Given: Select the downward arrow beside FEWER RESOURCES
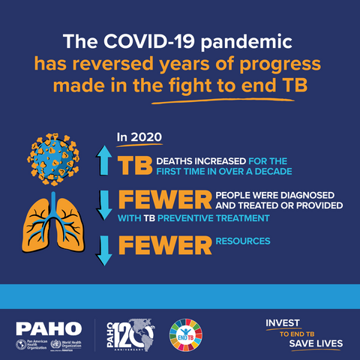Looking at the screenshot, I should tap(104, 250).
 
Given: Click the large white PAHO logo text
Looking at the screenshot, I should tap(48, 328).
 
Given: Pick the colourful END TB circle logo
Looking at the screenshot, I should tap(187, 333).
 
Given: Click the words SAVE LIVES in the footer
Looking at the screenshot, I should tap(316, 343).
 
